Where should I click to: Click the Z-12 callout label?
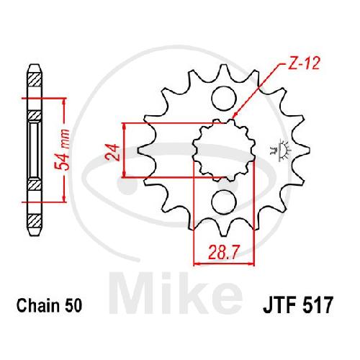304,63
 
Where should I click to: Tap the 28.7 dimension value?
224,253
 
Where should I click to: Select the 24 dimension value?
112,152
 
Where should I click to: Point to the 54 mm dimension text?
62,150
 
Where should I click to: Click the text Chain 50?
50,305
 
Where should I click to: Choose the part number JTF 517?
298,305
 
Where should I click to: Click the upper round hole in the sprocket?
224,99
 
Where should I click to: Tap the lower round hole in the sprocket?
224,202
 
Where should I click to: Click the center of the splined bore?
224,150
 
